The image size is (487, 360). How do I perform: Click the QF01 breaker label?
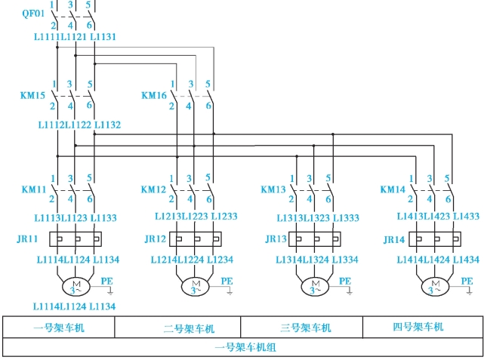(x=32, y=14)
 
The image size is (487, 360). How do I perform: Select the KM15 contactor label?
(x=32, y=96)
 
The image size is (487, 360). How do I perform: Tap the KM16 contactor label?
(x=153, y=96)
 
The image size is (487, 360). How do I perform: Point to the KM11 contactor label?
(x=32, y=189)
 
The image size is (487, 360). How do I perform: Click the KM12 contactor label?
(x=153, y=189)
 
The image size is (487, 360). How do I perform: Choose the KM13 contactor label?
(x=273, y=189)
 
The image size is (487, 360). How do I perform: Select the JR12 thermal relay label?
(x=155, y=239)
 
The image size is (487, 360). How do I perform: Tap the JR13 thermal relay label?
(x=276, y=239)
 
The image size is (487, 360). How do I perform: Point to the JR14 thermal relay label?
(x=394, y=239)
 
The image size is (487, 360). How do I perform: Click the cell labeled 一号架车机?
(x=59, y=328)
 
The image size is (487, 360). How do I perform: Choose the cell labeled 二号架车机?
(x=189, y=328)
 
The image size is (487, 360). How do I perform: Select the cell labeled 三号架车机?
(x=306, y=328)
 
